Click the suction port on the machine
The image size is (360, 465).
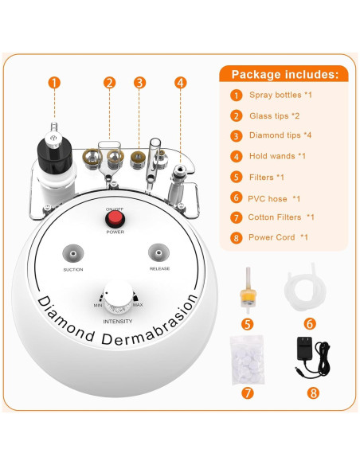(73, 253)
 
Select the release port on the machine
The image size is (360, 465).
(158, 253)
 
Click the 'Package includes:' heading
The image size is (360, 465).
(284, 75)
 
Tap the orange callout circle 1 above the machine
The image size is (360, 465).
(54, 82)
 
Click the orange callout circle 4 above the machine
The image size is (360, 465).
(180, 82)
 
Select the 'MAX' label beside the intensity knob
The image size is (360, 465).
(137, 307)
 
